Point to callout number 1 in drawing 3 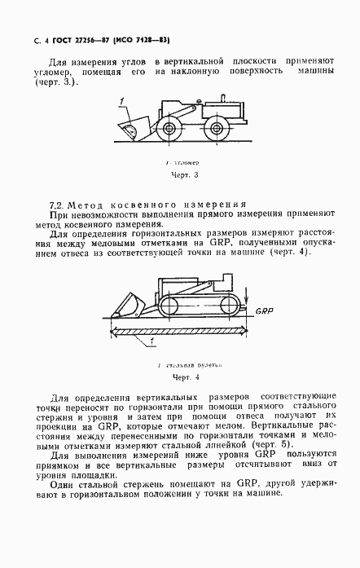pyautogui.click(x=121, y=101)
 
